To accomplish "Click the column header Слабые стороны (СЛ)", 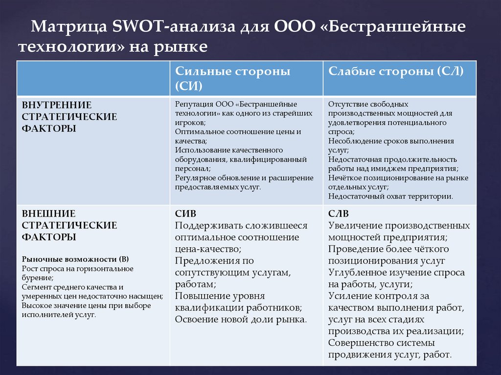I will click(x=395, y=71).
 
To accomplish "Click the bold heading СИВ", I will click(x=185, y=214).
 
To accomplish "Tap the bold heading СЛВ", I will click(x=339, y=214).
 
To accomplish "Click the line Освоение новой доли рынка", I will click(x=241, y=320).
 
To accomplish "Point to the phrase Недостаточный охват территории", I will click(x=390, y=196).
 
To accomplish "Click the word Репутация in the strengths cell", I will click(x=193, y=104).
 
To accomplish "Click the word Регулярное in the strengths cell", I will click(x=197, y=177).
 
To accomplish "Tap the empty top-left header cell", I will click(x=93, y=78).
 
